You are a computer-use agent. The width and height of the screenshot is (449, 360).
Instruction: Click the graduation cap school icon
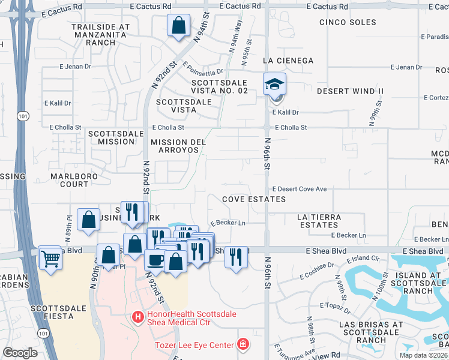click(x=274, y=85)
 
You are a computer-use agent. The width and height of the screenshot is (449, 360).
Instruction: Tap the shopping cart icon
click(x=50, y=259)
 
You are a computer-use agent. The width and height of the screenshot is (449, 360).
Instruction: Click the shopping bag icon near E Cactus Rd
click(x=179, y=26)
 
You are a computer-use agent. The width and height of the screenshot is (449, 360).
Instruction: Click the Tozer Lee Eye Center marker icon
click(x=243, y=344)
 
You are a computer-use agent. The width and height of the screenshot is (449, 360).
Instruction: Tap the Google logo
click(x=20, y=353)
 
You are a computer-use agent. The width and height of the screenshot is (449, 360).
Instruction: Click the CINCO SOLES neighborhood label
click(x=348, y=22)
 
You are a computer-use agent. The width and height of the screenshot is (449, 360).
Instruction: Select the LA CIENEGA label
click(x=288, y=61)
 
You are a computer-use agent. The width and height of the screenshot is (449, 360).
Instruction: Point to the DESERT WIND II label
click(x=350, y=91)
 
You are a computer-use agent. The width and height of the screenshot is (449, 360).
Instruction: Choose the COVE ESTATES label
click(x=253, y=199)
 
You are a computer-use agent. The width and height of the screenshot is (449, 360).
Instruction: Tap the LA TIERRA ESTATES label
click(x=320, y=221)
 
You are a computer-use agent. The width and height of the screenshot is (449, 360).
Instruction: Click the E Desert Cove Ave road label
click(x=299, y=189)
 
